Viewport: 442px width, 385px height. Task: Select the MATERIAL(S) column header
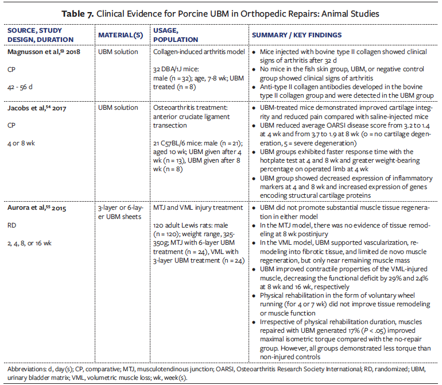tap(121, 35)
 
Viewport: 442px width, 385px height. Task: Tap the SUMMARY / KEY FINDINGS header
tap(297, 35)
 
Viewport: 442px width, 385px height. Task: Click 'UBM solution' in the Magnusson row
tap(118, 52)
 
